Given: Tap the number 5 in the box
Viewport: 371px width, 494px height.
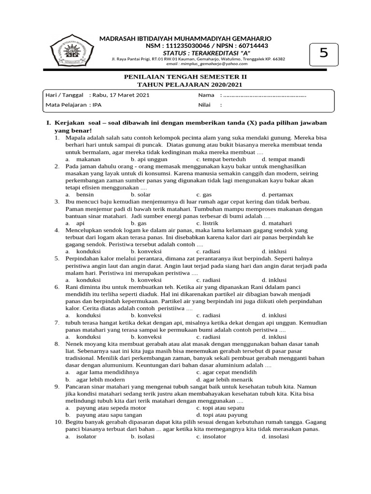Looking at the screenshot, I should coord(323,54).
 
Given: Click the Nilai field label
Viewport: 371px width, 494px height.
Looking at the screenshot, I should coord(205,104).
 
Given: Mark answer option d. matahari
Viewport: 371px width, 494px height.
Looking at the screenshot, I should coord(277,224).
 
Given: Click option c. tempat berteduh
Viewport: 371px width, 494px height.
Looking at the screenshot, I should coord(221,158).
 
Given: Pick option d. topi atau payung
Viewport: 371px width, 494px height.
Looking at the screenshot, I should coord(222,414).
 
